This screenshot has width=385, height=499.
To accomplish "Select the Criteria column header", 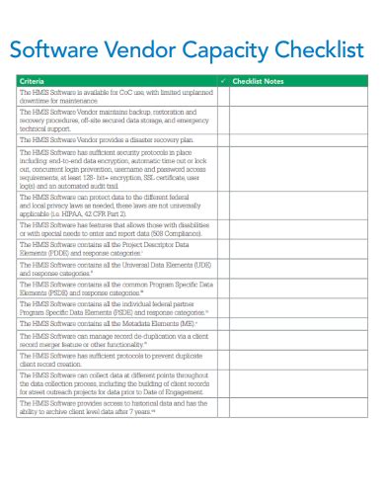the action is [33, 80].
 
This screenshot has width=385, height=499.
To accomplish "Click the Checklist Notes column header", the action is [259, 80].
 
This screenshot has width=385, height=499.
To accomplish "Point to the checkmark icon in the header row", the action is [223, 80].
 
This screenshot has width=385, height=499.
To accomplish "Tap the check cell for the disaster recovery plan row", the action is [223, 141].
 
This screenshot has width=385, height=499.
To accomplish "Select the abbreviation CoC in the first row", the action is [107, 92].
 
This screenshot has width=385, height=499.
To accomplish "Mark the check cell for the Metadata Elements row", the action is [223, 323].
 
